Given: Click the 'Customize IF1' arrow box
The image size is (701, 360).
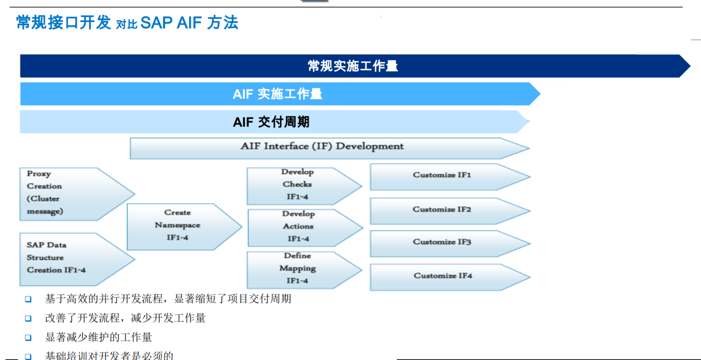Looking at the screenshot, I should (442, 176).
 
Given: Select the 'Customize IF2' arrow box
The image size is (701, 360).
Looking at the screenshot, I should (442, 210).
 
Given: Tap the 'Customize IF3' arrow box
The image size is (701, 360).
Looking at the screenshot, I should (442, 243).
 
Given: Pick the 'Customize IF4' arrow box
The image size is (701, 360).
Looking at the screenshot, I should (443, 276).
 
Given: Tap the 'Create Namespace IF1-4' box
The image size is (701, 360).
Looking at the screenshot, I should (178, 226).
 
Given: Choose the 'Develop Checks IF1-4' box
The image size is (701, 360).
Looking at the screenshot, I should (297, 185).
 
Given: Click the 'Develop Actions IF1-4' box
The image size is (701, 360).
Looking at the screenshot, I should (298, 227).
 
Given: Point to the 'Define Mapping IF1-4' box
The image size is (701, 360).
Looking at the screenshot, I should (297, 269).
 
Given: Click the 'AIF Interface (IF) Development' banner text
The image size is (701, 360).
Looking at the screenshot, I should (322, 147).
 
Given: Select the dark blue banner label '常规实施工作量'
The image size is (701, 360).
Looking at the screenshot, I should (352, 66).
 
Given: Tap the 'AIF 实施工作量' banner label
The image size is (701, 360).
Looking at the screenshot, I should (277, 94).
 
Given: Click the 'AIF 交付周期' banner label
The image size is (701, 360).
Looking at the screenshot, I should (271, 122).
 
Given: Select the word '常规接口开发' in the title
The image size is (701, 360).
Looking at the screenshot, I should (63, 22).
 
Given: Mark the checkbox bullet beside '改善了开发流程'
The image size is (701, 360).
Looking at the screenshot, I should (28, 318).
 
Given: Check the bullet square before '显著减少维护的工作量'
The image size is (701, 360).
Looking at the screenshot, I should (28, 338).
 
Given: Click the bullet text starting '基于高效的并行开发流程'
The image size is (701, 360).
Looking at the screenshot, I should (168, 299).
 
